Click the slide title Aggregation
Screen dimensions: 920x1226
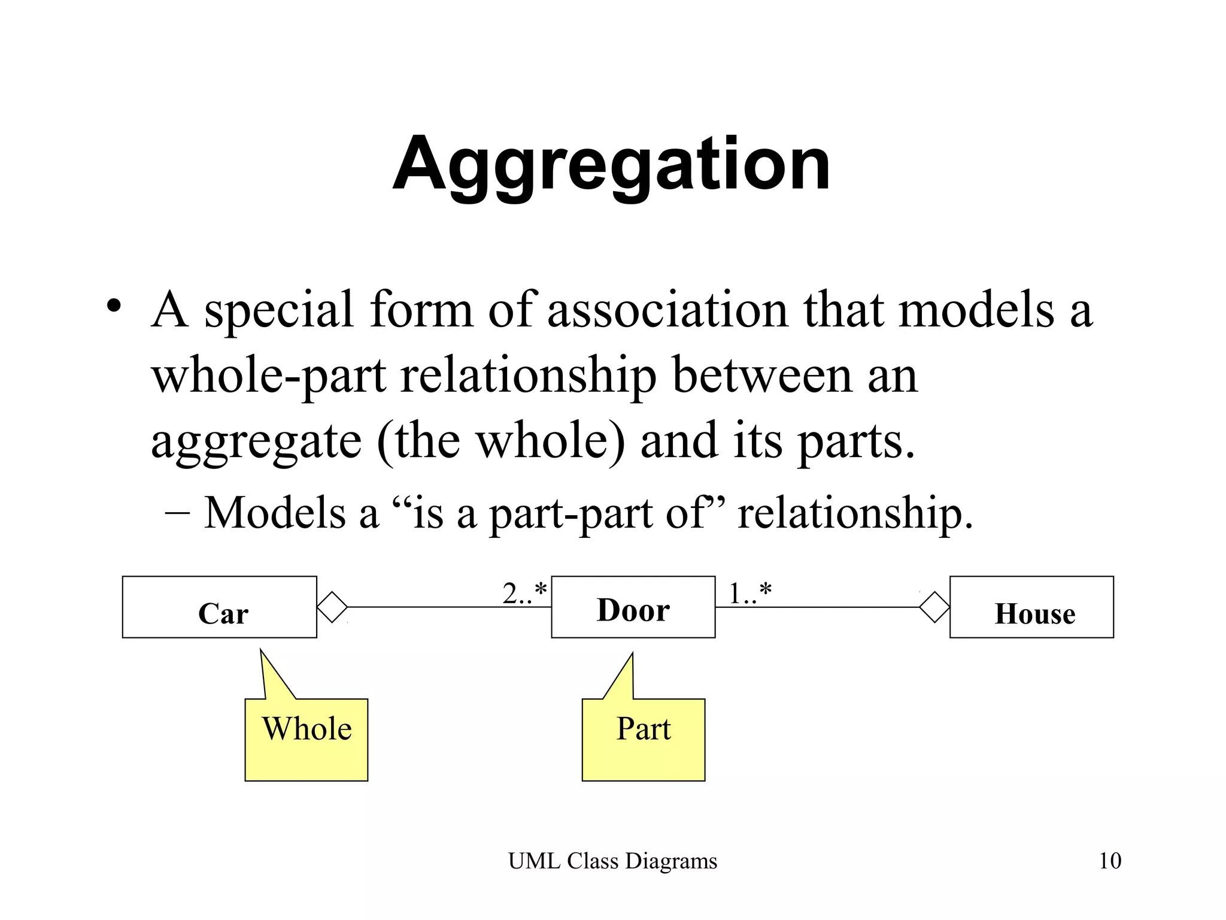(x=611, y=164)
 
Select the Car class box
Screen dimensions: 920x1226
(x=220, y=607)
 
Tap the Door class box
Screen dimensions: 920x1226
(x=633, y=607)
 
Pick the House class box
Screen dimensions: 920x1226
(x=1031, y=607)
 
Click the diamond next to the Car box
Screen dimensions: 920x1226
(x=332, y=607)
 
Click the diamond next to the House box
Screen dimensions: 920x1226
(x=934, y=607)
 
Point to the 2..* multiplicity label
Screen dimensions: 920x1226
(x=524, y=593)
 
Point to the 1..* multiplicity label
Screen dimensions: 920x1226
(x=749, y=593)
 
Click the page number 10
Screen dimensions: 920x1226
(x=1110, y=861)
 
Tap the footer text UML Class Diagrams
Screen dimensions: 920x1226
(x=612, y=861)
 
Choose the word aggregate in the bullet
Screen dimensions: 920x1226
(x=256, y=442)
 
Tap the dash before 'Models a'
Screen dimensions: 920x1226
(x=177, y=513)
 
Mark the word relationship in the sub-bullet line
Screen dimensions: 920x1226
(x=855, y=513)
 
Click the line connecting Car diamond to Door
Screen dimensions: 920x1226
(x=449, y=607)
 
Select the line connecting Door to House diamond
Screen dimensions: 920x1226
(x=817, y=607)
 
